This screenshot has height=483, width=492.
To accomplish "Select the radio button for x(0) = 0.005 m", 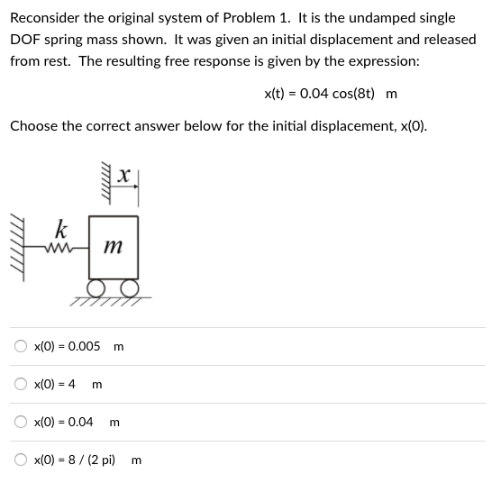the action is coord(20,346).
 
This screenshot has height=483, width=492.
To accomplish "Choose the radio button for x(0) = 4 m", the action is coord(20,384).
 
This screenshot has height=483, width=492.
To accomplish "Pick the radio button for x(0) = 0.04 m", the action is coord(20,422).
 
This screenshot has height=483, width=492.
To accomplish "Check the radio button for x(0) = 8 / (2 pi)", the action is coord(20,460).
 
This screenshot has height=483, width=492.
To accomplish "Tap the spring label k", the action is coord(60,227).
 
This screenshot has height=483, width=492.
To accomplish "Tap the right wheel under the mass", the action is coord(131,287).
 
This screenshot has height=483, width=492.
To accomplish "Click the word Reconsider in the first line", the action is coord(45,18).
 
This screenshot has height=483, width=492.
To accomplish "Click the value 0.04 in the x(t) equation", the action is coord(305,94).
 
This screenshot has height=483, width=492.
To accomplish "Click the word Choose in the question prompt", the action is coord(34,125).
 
